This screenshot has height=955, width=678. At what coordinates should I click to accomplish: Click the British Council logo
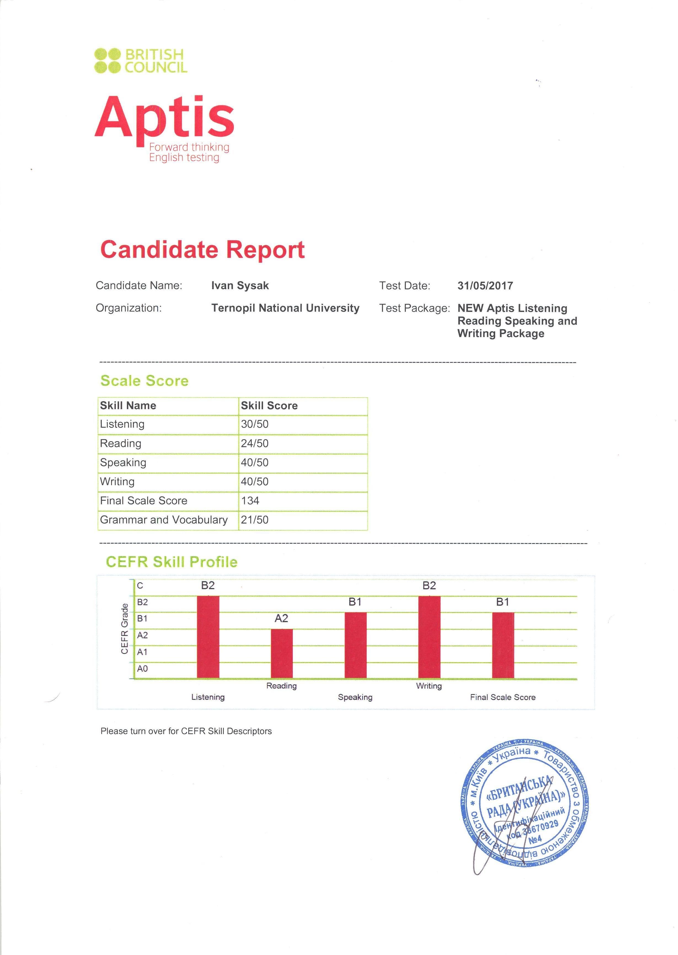(141, 61)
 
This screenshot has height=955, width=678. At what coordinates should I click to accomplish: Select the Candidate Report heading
(202, 250)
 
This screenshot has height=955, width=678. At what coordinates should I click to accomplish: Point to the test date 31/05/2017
(485, 286)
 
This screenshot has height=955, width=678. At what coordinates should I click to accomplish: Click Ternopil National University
(285, 308)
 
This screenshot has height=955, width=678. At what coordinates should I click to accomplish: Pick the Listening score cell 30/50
(255, 424)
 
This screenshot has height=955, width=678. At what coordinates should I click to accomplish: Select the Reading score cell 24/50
(255, 443)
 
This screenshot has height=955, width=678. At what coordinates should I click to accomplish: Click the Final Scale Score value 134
(250, 500)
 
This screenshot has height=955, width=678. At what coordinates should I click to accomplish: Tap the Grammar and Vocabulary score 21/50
(255, 520)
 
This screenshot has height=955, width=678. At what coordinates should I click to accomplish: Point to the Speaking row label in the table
(123, 462)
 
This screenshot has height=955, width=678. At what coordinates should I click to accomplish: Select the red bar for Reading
(282, 653)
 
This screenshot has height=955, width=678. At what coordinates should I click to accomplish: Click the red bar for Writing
(429, 637)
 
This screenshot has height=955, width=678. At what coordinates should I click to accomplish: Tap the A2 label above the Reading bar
(282, 618)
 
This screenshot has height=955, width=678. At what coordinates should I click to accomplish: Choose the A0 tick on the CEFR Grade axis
(142, 669)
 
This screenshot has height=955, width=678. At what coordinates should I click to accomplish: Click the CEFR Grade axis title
(124, 629)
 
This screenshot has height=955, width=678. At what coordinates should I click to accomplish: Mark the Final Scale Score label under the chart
(503, 697)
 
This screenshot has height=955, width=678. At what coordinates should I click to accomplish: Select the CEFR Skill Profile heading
(171, 562)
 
